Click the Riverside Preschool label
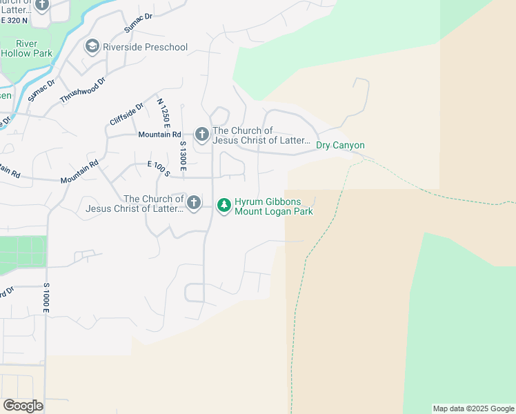[145, 47]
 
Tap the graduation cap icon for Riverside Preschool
[91, 47]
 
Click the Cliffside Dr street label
[126, 114]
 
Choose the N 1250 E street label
[163, 112]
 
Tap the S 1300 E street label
[183, 154]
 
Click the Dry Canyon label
[340, 146]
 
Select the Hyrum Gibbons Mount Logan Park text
[273, 206]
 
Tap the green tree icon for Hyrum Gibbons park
[224, 205]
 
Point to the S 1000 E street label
[46, 297]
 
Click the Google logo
[23, 406]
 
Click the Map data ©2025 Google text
[473, 408]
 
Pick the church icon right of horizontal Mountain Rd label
[201, 134]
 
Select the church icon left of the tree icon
[194, 203]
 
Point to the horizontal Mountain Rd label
[159, 135]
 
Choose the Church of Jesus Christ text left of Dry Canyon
[261, 136]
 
